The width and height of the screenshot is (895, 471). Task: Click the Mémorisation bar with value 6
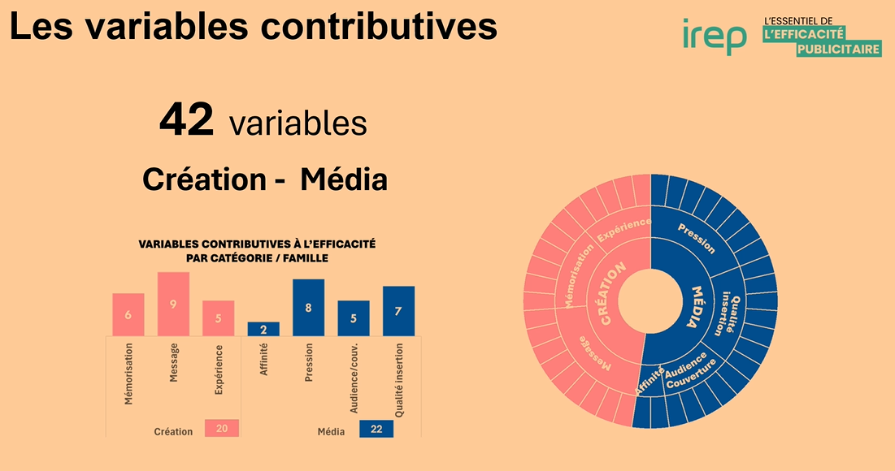coord(128,314)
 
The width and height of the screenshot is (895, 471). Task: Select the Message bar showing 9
coord(173,304)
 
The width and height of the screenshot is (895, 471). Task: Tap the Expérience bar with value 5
coord(218,318)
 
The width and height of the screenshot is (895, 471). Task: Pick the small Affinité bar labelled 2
coord(263,329)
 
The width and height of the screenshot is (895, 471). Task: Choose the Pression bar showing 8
coord(309,307)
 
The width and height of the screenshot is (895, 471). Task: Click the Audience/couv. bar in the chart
coord(354,318)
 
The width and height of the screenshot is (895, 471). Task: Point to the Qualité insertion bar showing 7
coord(398,311)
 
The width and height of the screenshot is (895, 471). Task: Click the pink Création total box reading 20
coord(222,429)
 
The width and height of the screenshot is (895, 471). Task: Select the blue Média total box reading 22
coord(376,429)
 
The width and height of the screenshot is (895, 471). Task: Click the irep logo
coord(715,36)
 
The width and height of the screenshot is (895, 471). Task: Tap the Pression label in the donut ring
coord(696,237)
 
